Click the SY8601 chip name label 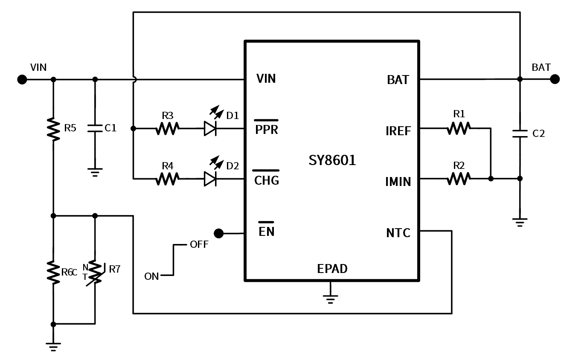tap(332, 161)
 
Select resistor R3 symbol tap(167, 128)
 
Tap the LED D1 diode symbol tap(210, 128)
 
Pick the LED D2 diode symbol tap(210, 179)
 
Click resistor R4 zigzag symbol tap(167, 179)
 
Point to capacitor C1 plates tap(95, 128)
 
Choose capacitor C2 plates tap(520, 134)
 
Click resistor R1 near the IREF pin tap(459, 128)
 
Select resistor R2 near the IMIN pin tap(459, 179)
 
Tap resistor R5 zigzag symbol tap(53, 129)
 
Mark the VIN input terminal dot tap(22, 79)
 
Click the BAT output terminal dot tap(555, 79)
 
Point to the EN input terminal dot tap(218, 233)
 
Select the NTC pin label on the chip tap(398, 233)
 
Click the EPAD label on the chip tap(332, 269)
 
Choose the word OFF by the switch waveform tap(199, 245)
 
